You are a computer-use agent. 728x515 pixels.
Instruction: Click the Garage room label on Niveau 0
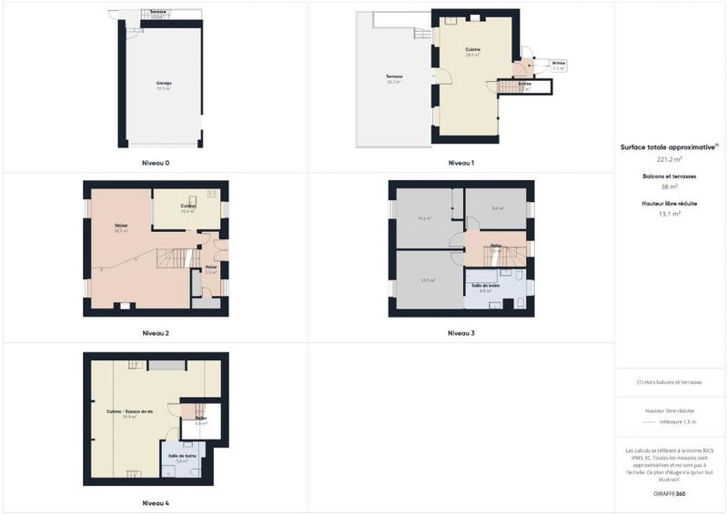click(164, 84)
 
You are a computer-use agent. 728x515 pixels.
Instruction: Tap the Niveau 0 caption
click(156, 163)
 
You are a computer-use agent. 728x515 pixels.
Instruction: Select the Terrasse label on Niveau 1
click(394, 76)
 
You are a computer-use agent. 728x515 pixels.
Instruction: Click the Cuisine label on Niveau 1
click(472, 50)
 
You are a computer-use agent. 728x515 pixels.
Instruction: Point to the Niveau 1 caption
click(461, 163)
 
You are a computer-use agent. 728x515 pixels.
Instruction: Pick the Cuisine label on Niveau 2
click(188, 207)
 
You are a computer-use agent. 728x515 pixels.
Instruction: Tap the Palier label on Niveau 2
click(210, 268)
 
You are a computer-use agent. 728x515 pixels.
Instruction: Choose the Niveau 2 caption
click(156, 333)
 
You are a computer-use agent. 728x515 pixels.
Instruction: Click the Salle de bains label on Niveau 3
click(485, 287)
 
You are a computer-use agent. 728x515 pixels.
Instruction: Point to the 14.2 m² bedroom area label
click(424, 218)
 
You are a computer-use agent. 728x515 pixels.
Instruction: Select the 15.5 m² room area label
click(428, 280)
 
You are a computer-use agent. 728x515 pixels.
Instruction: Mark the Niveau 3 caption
click(461, 333)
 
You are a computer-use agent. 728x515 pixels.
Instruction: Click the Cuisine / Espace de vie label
click(130, 412)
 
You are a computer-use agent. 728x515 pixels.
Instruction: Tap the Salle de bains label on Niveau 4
click(181, 456)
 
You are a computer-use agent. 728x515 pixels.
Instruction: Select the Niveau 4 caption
click(156, 502)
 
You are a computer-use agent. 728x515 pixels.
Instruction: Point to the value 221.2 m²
click(670, 158)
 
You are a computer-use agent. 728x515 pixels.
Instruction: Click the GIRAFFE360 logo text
click(670, 492)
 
